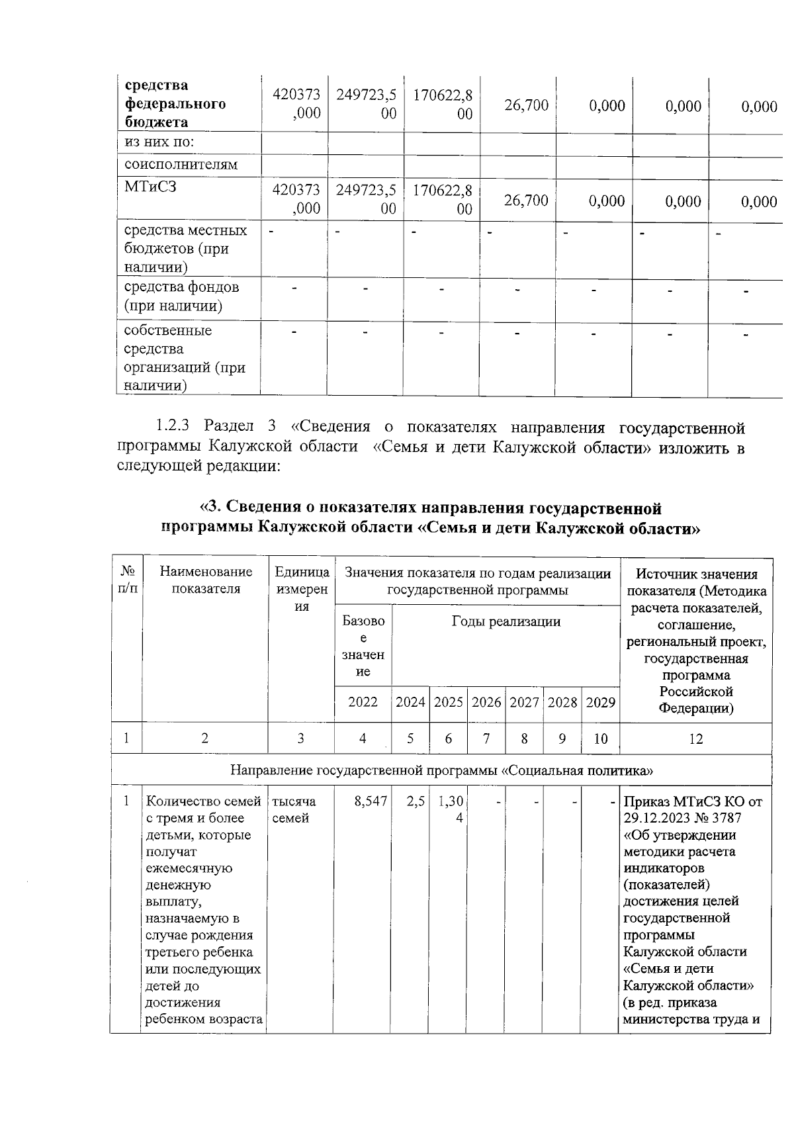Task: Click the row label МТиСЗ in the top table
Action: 151,187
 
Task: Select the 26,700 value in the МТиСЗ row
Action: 526,201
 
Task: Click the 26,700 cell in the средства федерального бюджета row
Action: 526,105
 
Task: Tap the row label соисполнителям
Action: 181,164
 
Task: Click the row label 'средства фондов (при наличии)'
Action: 181,296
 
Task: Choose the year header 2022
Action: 363,702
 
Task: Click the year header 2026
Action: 486,702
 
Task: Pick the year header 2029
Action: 600,702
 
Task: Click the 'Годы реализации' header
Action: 506,621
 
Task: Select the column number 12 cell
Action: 695,739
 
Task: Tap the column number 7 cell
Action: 486,739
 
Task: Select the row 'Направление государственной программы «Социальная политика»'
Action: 441,770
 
